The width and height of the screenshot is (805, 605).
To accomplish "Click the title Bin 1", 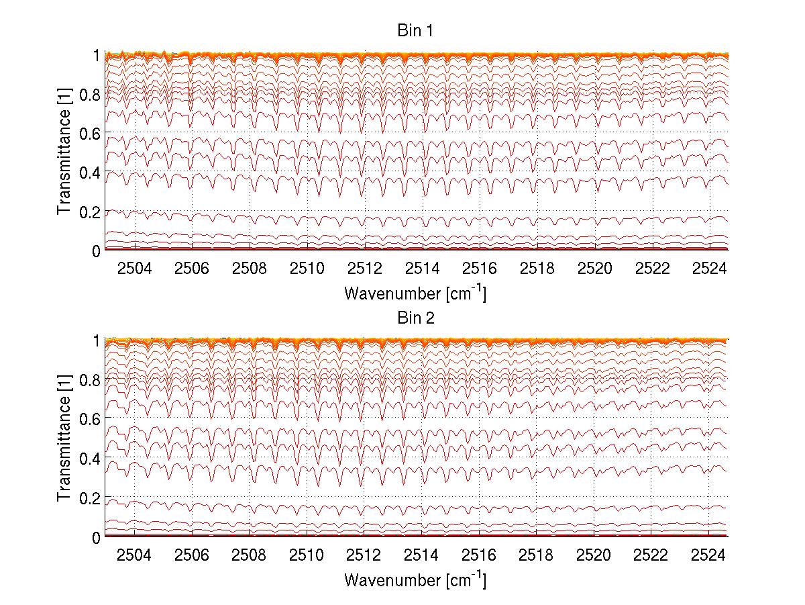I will point(416,31).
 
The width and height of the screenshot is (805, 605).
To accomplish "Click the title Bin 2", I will point(416,318).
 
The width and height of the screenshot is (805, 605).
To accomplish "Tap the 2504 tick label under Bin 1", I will point(135,269).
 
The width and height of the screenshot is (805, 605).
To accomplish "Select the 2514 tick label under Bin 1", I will point(422,269).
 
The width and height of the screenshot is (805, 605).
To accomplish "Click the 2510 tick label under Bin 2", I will point(307,555).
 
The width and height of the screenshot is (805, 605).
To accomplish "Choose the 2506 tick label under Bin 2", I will point(193,555).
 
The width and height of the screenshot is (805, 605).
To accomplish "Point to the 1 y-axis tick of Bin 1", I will point(96,55).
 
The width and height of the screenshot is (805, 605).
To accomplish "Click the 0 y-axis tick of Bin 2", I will point(96,537).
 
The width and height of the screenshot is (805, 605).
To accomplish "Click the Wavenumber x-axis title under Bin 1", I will point(415,293).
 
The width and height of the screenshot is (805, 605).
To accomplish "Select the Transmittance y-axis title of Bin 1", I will point(64,152).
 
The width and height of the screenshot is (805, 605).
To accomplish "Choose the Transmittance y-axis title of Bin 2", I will point(64,439).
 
